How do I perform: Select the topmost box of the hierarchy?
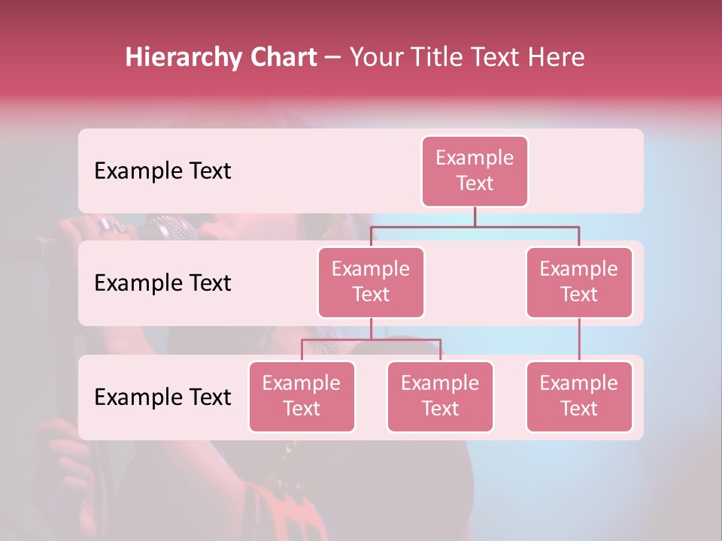[475, 171]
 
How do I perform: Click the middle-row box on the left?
[371, 283]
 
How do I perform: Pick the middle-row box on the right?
[579, 283]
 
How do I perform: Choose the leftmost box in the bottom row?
[302, 397]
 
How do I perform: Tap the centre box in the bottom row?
[440, 397]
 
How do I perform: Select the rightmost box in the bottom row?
[579, 397]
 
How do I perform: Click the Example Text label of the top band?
[162, 171]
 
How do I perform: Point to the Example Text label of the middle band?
[162, 283]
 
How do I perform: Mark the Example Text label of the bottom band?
[162, 397]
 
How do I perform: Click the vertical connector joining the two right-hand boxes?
[579, 340]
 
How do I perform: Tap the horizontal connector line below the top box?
[475, 226]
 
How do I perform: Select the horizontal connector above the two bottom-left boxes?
[371, 340]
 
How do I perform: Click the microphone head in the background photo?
[171, 228]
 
